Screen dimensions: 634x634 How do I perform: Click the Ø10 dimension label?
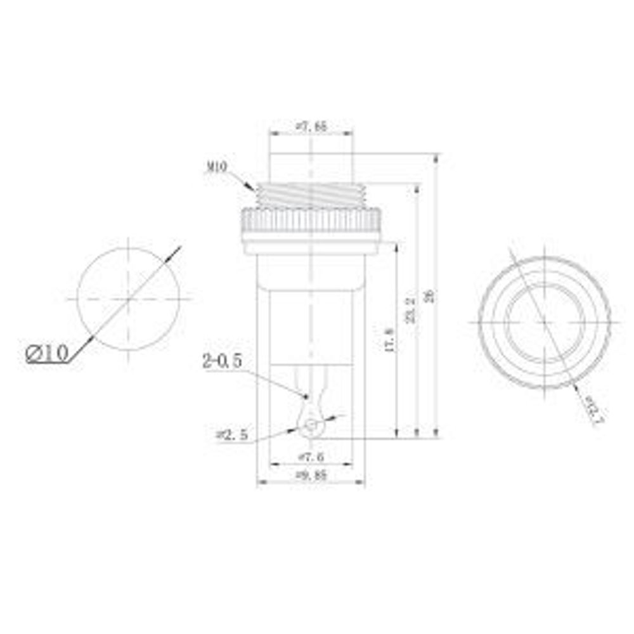pos(48,353)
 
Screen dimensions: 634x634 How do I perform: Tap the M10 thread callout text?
pos(217,168)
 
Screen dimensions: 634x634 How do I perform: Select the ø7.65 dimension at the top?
pos(311,127)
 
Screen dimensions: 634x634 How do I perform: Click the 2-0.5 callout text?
pos(222,361)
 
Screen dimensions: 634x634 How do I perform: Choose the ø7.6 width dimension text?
pos(311,456)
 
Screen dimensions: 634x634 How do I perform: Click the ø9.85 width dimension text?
pos(311,475)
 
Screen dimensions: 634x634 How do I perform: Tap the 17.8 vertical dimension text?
pos(389,340)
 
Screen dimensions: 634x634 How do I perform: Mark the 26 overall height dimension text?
pos(430,295)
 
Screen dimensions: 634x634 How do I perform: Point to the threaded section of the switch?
pos(311,195)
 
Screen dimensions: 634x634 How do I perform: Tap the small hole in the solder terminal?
pos(310,426)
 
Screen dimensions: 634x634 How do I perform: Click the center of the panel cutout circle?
pos(128,298)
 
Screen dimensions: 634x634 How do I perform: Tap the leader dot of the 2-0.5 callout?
pos(306,397)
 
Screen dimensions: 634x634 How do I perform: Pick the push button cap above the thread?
pos(311,167)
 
